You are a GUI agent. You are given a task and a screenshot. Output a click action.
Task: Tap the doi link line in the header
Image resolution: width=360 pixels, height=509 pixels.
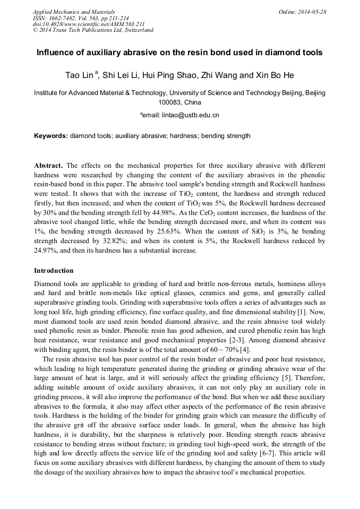[89, 24]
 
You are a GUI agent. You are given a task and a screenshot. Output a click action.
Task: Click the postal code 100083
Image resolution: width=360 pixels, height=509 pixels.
[170, 102]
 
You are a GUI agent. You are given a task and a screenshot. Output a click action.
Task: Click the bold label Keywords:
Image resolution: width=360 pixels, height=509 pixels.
[51, 136]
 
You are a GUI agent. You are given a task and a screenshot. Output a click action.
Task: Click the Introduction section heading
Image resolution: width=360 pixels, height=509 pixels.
[54, 270]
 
